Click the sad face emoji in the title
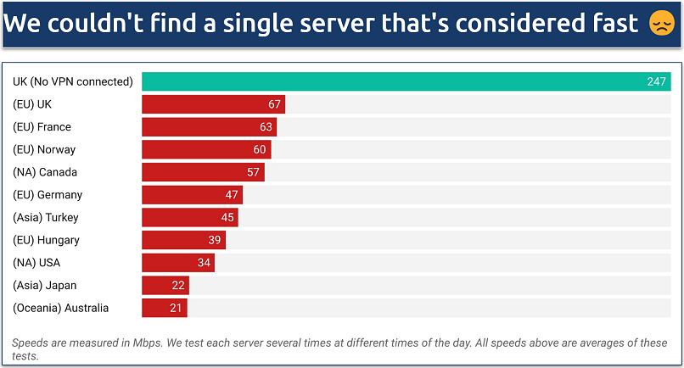pos(660,24)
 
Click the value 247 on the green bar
pos(658,82)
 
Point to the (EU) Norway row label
pos(44,150)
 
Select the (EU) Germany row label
pos(48,195)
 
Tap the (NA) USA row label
pos(36,263)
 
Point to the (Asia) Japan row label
pos(44,286)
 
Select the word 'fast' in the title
pos(612,24)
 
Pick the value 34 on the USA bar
pos(204,263)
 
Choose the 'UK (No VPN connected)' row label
pos(73,82)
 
